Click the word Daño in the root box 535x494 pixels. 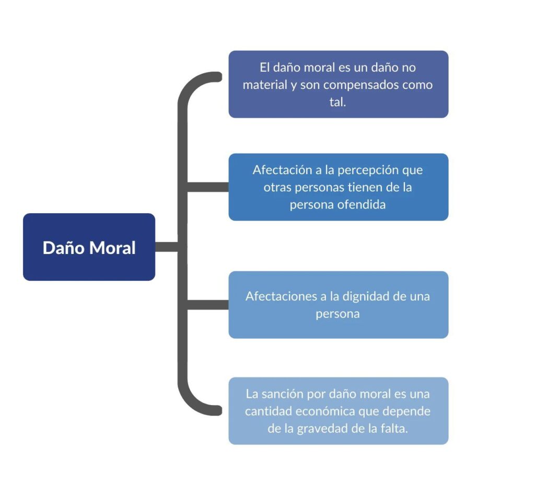tap(63, 248)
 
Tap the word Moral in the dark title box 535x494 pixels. tap(112, 248)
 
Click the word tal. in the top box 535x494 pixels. tap(338, 102)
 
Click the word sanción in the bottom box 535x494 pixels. tap(282, 394)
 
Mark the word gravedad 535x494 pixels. tap(322, 429)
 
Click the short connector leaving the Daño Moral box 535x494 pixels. tap(167, 247)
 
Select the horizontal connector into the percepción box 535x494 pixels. tap(208, 187)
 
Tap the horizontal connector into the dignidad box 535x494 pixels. tap(208, 305)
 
